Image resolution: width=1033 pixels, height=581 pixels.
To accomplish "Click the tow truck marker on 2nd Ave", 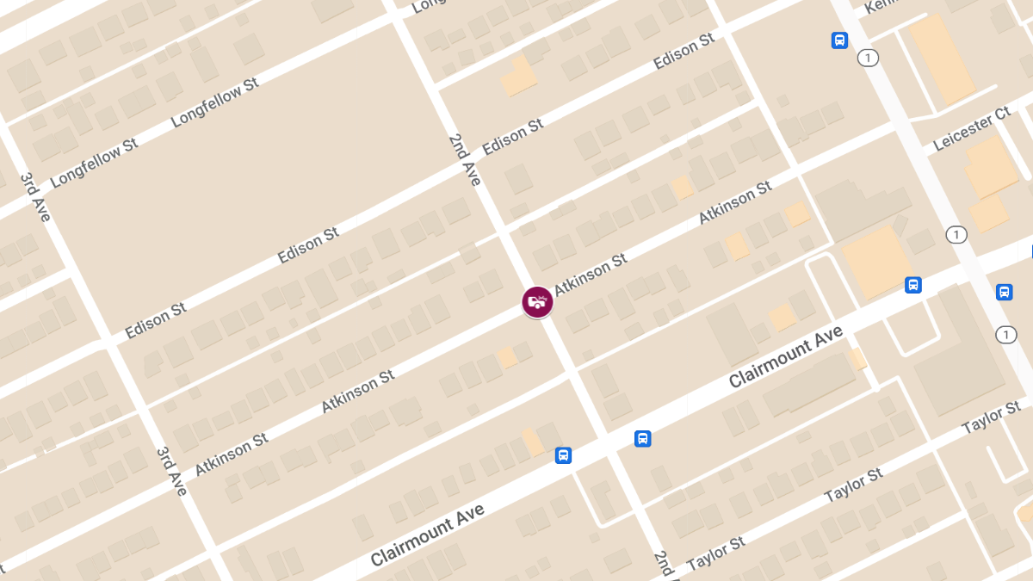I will [538, 302].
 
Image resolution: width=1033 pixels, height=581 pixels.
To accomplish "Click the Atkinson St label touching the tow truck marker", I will [591, 275].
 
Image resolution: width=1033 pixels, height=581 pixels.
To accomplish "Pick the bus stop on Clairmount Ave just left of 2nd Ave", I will [563, 454].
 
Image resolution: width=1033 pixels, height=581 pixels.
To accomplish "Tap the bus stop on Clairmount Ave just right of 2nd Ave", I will [642, 438].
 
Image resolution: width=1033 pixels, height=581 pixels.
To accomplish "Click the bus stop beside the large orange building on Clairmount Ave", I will [913, 285].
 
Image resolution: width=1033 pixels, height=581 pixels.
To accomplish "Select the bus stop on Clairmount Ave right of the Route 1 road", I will [1004, 292].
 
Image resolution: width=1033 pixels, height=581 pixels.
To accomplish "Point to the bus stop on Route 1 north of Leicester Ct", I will [838, 40].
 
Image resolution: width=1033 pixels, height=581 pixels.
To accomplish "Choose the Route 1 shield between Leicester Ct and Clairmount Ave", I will [955, 234].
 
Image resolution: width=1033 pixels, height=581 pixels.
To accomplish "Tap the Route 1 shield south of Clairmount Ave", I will [1005, 334].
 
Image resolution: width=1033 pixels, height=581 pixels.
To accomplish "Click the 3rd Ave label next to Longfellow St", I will [36, 197].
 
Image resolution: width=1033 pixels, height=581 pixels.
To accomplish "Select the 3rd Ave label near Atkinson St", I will [172, 471].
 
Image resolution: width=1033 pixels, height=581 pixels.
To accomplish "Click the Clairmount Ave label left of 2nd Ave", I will [428, 535].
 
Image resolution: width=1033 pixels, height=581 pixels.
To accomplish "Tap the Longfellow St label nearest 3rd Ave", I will [95, 163].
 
